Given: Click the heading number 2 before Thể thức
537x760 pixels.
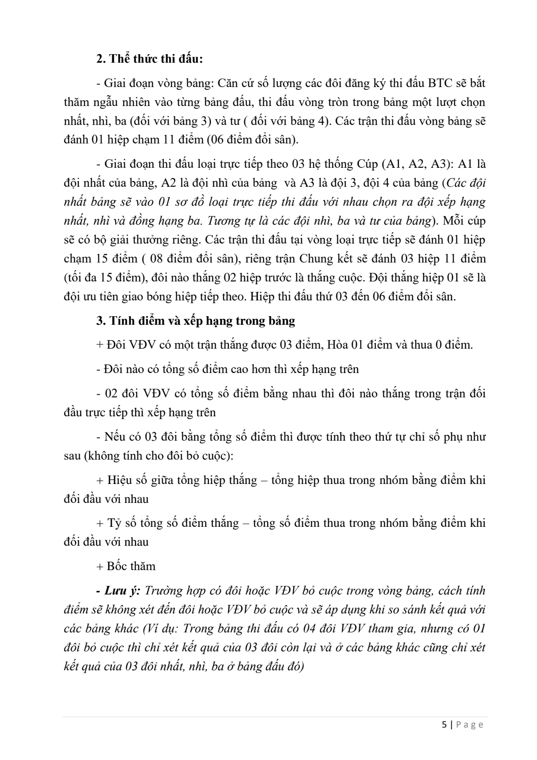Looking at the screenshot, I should [100, 59].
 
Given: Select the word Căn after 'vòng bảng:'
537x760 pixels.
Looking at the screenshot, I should [232, 83].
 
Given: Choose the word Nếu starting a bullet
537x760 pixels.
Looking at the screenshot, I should [115, 437].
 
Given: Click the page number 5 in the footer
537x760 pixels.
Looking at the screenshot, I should [445, 725].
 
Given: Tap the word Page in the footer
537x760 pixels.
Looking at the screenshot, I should [470, 725].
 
